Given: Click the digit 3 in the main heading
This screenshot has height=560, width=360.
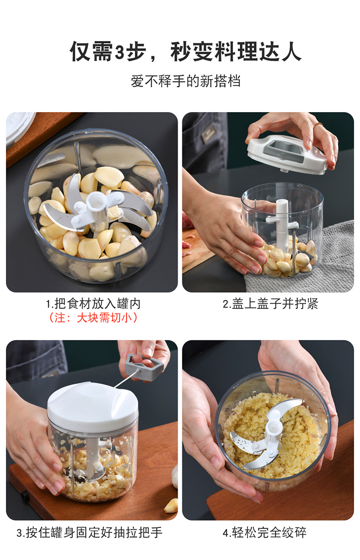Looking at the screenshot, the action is click(x=120, y=52).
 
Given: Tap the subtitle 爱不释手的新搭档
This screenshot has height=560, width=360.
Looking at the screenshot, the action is click(x=186, y=81).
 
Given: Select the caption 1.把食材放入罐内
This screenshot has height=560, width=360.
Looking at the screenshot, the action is click(x=93, y=303).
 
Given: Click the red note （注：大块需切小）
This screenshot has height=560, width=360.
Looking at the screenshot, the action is click(x=93, y=318).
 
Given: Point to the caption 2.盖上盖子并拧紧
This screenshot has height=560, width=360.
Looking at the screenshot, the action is click(x=270, y=303).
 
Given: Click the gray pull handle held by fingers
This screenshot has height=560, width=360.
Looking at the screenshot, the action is click(x=145, y=366).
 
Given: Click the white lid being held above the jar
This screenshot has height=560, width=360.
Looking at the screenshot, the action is click(x=287, y=154).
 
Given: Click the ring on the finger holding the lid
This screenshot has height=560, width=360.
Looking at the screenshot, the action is click(x=318, y=124).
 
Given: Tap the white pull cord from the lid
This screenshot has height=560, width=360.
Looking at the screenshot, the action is click(x=126, y=380).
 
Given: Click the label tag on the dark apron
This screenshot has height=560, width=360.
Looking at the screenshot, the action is click(x=209, y=133).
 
